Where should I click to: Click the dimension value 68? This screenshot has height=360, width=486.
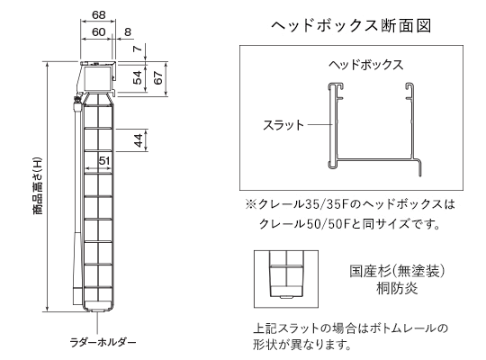pos(99,14)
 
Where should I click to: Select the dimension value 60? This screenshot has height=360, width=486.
pos(99,31)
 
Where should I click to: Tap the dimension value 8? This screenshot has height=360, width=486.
pos(128,31)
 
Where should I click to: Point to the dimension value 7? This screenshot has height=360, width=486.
pos(138,49)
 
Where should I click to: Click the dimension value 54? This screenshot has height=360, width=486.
pos(138,77)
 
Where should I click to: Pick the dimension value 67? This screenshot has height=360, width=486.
pos(158,77)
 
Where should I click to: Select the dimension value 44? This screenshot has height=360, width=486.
pos(139,140)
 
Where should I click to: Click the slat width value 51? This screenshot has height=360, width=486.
pos(104,160)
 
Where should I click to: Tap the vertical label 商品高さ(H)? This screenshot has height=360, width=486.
pos(37,186)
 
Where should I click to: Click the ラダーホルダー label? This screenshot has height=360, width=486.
pos(103,342)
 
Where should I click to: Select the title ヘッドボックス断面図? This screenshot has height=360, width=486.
pos(351,25)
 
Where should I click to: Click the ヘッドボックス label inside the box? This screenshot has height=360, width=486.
pos(366,65)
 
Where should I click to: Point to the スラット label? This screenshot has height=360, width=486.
pos(283,125)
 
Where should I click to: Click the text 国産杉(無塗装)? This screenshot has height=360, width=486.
pos(398,271)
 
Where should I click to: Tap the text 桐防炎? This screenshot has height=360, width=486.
pos(398,288)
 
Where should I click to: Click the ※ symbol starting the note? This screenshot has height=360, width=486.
pos(250,204)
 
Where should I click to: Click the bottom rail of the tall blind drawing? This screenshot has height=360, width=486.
pos(98,306)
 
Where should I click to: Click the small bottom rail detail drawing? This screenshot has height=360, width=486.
pos(286,279)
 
